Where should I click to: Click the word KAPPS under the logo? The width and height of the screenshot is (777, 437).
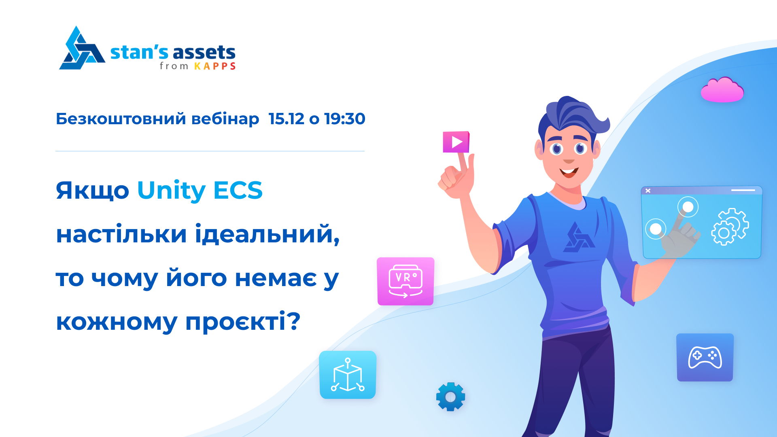click(x=215, y=66)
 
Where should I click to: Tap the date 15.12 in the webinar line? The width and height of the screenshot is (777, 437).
click(x=286, y=119)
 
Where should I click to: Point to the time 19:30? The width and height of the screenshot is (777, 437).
click(x=345, y=119)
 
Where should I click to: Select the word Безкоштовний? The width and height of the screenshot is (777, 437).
click(x=121, y=119)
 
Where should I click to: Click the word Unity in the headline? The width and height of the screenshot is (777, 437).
click(x=172, y=191)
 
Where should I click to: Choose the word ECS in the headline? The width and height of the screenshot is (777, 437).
click(x=238, y=190)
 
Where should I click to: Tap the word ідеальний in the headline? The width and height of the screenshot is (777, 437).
click(x=267, y=234)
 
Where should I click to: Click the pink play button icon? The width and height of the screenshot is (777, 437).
click(x=456, y=142)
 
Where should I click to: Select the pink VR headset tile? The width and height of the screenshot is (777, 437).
click(x=405, y=281)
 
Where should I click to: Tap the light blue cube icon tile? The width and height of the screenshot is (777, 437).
click(x=348, y=375)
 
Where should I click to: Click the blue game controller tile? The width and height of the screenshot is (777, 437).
click(x=705, y=357)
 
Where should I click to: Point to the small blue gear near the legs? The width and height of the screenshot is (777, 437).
click(x=450, y=397)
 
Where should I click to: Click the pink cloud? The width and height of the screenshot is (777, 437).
click(x=722, y=90)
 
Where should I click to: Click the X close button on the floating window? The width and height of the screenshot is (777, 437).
click(x=648, y=191)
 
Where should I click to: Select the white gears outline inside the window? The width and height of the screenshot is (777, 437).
click(x=730, y=227)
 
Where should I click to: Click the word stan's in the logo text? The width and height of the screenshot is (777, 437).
click(x=139, y=53)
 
